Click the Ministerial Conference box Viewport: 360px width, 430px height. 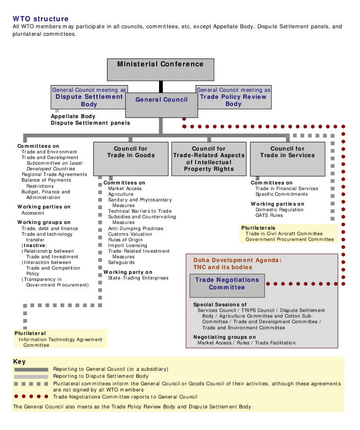(160, 69)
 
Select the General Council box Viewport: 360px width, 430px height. (161, 105)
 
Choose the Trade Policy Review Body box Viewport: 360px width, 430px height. (234, 97)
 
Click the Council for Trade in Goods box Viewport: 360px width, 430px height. (131, 159)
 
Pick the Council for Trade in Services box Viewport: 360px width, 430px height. (288, 159)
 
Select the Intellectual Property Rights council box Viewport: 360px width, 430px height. (209, 159)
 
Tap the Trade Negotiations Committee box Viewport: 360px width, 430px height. (227, 286)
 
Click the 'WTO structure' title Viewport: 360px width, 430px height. (40, 19)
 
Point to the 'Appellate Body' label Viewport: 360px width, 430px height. (73, 116)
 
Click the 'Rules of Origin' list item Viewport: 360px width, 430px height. (125, 239)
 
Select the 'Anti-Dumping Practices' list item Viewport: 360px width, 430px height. (136, 229)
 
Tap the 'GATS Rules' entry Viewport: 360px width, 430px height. (269, 215)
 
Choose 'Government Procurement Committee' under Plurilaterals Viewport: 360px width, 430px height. (290, 239)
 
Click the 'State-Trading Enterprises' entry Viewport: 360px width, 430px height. (138, 278)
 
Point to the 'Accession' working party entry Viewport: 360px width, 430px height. (32, 213)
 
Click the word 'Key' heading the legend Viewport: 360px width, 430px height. (19, 362)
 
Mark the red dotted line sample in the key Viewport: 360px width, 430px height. (31, 397)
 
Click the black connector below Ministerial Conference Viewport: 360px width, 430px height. (161, 87)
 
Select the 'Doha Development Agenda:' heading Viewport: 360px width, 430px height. (237, 260)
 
